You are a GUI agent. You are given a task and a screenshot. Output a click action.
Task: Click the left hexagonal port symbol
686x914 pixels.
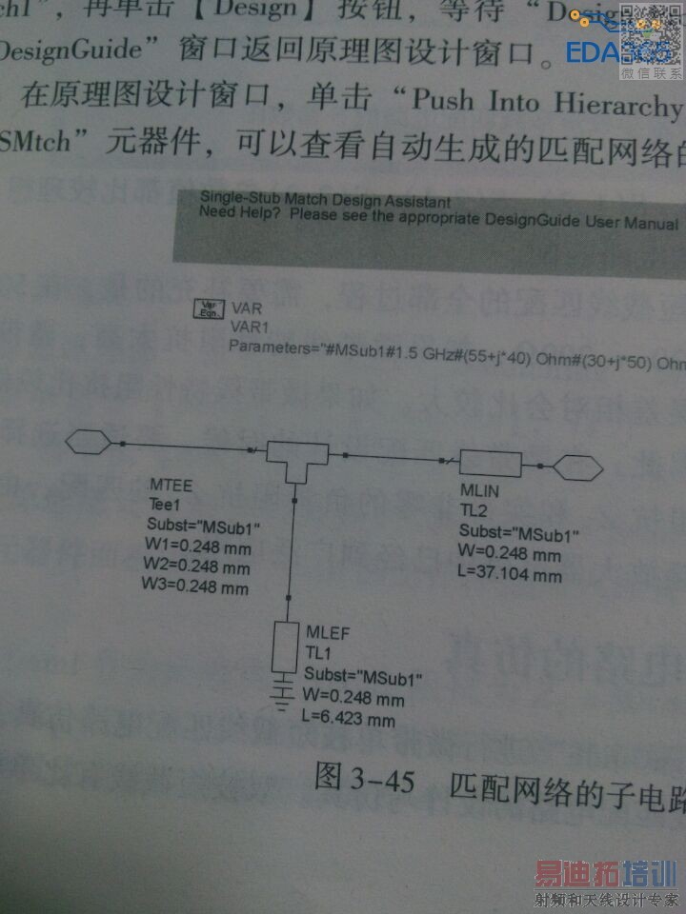pyautogui.click(x=91, y=442)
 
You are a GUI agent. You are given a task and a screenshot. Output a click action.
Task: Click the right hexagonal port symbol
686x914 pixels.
pyautogui.click(x=578, y=467)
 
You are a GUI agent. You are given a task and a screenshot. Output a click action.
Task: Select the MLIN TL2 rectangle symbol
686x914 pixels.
pyautogui.click(x=491, y=464)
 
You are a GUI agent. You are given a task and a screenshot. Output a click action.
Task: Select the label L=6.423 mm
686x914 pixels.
pyautogui.click(x=349, y=719)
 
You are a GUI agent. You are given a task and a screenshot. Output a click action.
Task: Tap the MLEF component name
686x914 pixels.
pyautogui.click(x=326, y=634)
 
